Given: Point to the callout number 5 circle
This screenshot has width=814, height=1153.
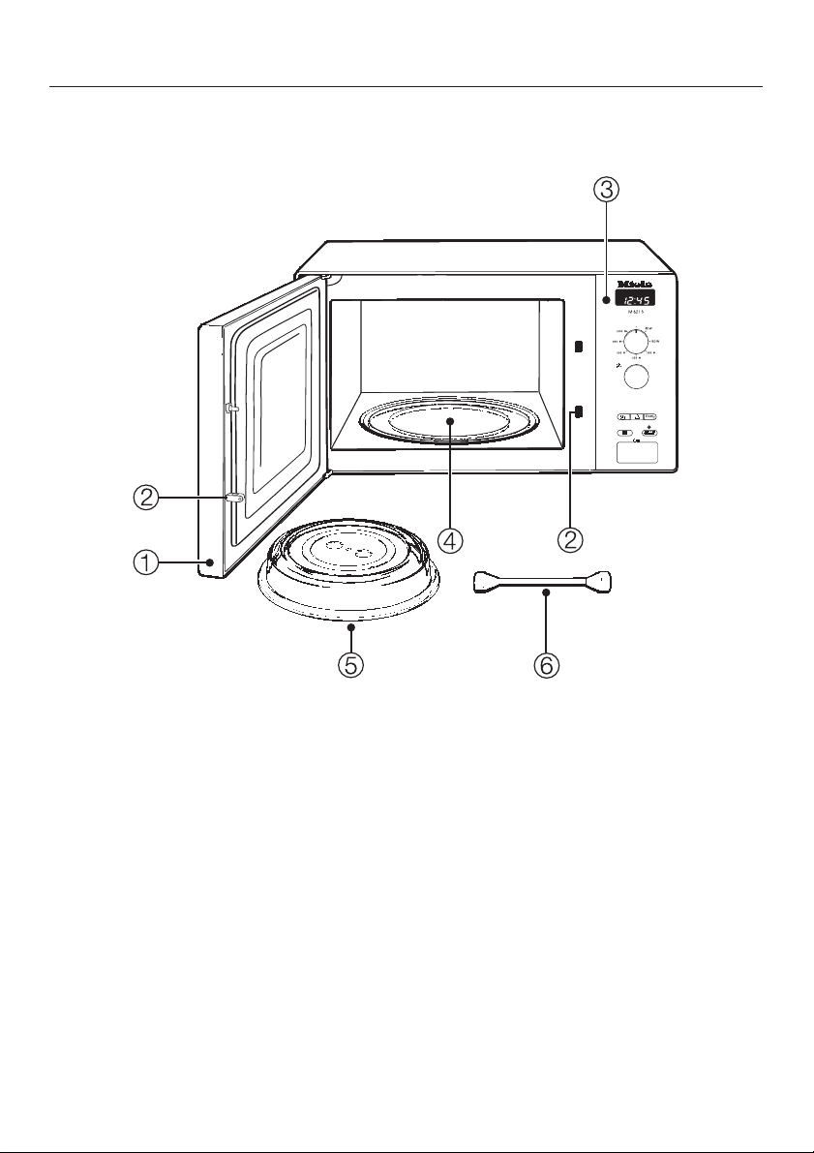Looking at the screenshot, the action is pos(350,666).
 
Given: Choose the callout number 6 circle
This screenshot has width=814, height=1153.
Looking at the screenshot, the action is pos(546,666).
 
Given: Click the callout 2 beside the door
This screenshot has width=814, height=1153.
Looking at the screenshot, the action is pos(145,499).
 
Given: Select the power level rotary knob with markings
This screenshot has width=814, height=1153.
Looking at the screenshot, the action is pos(636,343).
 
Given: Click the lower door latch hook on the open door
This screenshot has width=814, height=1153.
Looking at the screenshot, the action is pos(233,499).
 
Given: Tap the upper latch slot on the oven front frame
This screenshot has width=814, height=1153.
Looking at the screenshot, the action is pos(577,347).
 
